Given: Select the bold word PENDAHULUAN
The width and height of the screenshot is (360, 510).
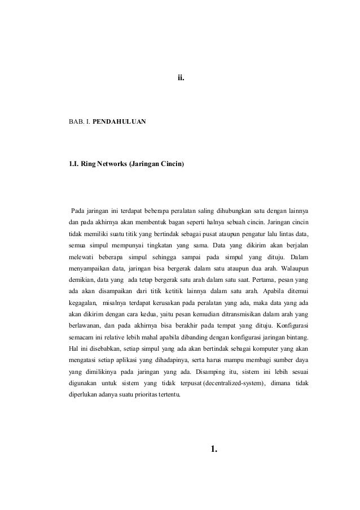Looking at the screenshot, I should point(118,121).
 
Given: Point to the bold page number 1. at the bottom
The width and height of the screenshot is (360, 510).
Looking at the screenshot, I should point(213,449).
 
